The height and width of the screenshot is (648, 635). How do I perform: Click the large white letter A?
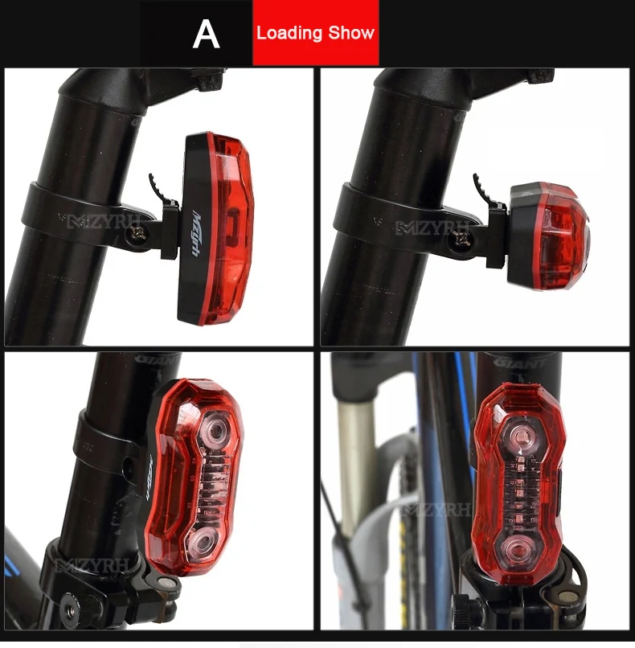pos(207,34)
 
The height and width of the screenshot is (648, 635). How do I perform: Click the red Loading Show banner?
pos(315,33)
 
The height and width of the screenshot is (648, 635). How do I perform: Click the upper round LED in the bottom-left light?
pos(215,431)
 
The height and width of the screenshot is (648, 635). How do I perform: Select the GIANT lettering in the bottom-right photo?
pos(519,363)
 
